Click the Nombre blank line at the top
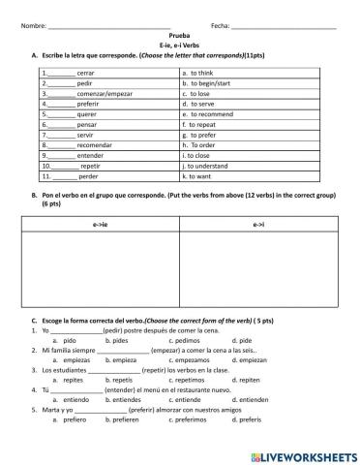(x=108, y=25)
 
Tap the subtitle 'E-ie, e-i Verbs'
(x=179, y=45)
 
